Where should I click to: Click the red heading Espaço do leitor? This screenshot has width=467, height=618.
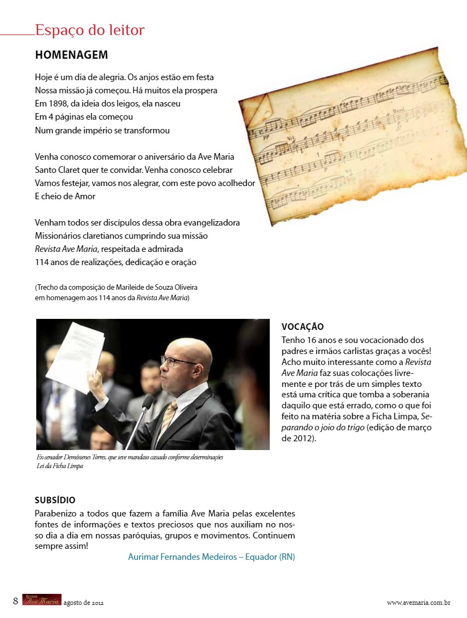(x=90, y=30)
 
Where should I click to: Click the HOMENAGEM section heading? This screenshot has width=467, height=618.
(x=71, y=55)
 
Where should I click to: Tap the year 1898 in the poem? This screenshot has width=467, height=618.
(x=55, y=103)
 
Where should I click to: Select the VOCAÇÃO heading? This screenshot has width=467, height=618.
(x=302, y=327)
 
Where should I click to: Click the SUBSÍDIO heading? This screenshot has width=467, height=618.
(x=55, y=501)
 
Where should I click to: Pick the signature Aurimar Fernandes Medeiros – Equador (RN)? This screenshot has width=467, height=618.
(x=212, y=557)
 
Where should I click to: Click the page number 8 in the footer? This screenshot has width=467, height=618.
(x=16, y=601)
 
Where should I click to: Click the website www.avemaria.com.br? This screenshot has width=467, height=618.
(x=419, y=603)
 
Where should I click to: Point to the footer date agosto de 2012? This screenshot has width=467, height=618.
(x=84, y=603)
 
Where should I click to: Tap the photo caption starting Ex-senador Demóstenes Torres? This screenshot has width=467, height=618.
(x=129, y=462)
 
